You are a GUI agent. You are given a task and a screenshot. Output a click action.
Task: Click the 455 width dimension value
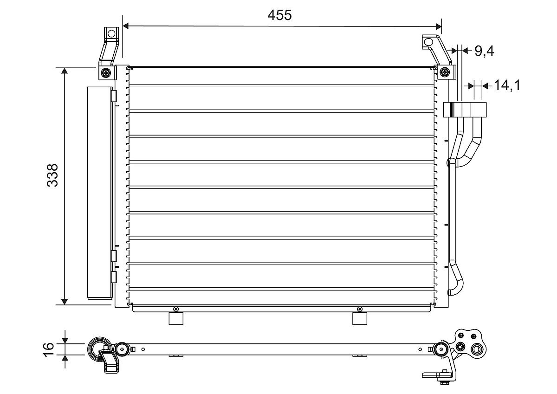(x=279, y=15)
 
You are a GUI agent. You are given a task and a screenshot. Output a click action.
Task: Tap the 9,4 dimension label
(x=484, y=51)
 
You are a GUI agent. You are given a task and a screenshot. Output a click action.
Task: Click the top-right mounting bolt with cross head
(x=445, y=72)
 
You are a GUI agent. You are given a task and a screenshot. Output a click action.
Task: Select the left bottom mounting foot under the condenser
(x=176, y=319)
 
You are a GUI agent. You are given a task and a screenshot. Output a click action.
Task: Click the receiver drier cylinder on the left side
(x=99, y=193)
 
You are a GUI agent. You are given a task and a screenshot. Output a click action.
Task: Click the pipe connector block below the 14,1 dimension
(x=466, y=110)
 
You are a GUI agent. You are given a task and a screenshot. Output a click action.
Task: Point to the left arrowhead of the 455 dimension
(x=126, y=26)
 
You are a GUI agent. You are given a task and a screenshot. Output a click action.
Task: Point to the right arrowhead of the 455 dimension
(x=438, y=26)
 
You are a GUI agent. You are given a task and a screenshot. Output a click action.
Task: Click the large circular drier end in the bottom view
(x=99, y=349)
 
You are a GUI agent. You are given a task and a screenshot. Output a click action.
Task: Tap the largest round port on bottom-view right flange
(x=477, y=349)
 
